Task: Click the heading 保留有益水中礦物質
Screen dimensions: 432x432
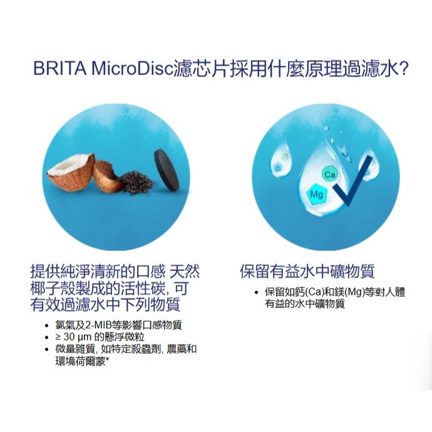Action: (x=307, y=272)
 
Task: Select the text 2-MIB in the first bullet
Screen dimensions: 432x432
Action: (x=102, y=326)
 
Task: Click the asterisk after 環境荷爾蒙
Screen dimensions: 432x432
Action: (x=108, y=361)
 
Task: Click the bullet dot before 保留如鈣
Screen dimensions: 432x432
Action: (x=256, y=293)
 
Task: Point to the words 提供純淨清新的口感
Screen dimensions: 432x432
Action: (x=98, y=272)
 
